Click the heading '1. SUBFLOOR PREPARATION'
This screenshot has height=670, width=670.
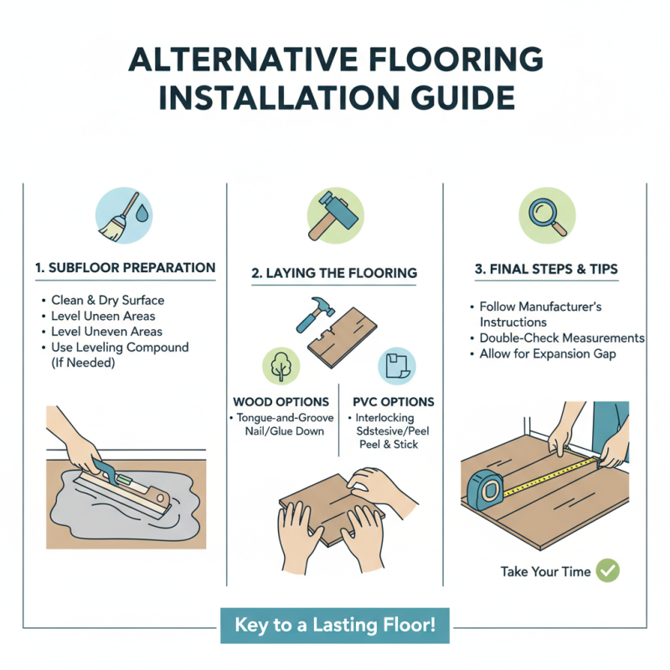(126, 268)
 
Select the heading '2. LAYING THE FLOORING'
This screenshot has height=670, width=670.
(334, 274)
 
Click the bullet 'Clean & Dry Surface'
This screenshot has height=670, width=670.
(107, 300)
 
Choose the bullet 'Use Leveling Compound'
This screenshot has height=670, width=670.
(120, 347)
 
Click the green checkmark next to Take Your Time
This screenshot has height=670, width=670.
(608, 571)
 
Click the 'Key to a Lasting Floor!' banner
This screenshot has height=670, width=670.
(335, 626)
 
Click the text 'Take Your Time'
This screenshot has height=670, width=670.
(545, 572)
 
